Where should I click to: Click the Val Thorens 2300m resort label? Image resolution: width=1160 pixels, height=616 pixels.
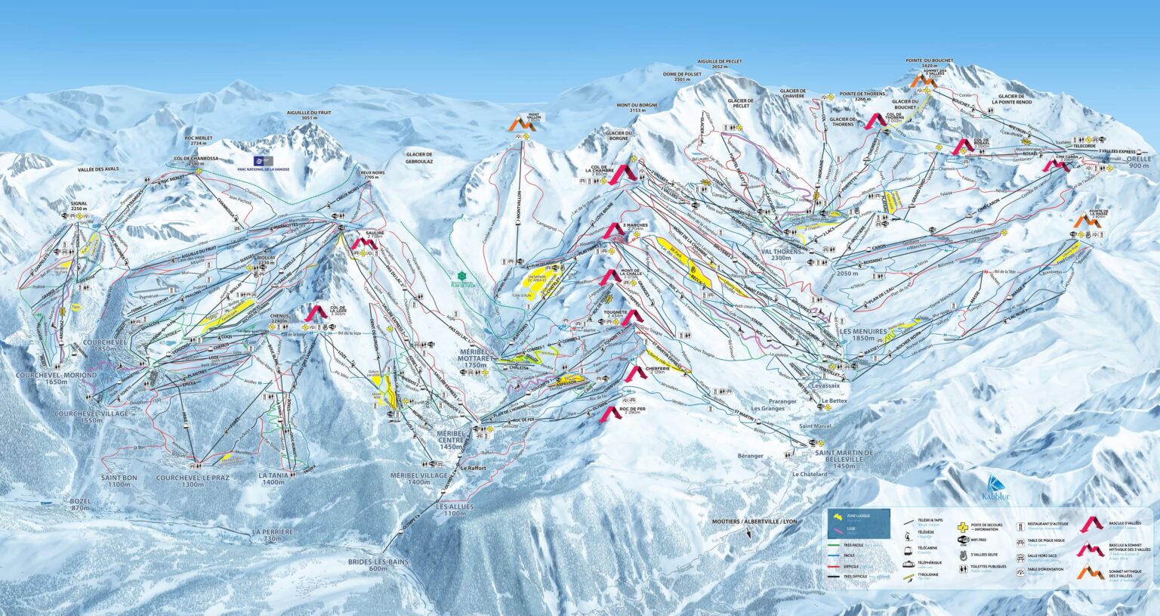point(780,254)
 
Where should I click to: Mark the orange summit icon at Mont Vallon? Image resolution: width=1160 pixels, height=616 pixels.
point(523,125)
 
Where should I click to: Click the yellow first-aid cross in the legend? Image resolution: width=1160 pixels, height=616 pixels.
point(963,526)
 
